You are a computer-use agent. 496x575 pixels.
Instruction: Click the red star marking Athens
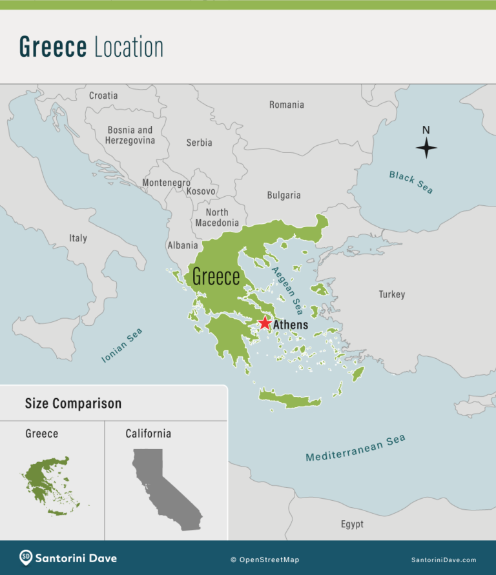click(x=265, y=323)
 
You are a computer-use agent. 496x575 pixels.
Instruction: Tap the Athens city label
click(x=291, y=325)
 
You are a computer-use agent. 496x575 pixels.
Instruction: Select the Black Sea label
click(x=411, y=182)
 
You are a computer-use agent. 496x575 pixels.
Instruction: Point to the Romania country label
click(x=287, y=105)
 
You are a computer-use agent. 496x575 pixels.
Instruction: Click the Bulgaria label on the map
click(x=284, y=195)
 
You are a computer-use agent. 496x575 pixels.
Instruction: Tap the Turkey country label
click(x=391, y=294)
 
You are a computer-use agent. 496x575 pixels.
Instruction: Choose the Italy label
click(x=78, y=238)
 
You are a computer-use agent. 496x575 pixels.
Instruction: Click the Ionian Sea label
click(x=122, y=345)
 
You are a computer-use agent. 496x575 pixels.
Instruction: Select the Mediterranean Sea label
click(x=355, y=448)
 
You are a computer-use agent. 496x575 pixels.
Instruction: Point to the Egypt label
click(x=352, y=524)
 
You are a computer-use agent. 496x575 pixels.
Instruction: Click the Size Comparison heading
click(x=73, y=404)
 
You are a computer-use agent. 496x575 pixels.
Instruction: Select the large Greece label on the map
click(x=216, y=277)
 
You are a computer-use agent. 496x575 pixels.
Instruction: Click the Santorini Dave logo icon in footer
click(x=26, y=558)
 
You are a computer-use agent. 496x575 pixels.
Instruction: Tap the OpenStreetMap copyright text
click(x=265, y=560)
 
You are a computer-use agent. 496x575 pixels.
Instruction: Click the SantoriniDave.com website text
click(x=444, y=560)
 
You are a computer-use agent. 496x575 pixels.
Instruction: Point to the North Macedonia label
click(x=217, y=217)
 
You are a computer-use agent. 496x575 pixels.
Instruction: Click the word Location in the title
click(x=129, y=47)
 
